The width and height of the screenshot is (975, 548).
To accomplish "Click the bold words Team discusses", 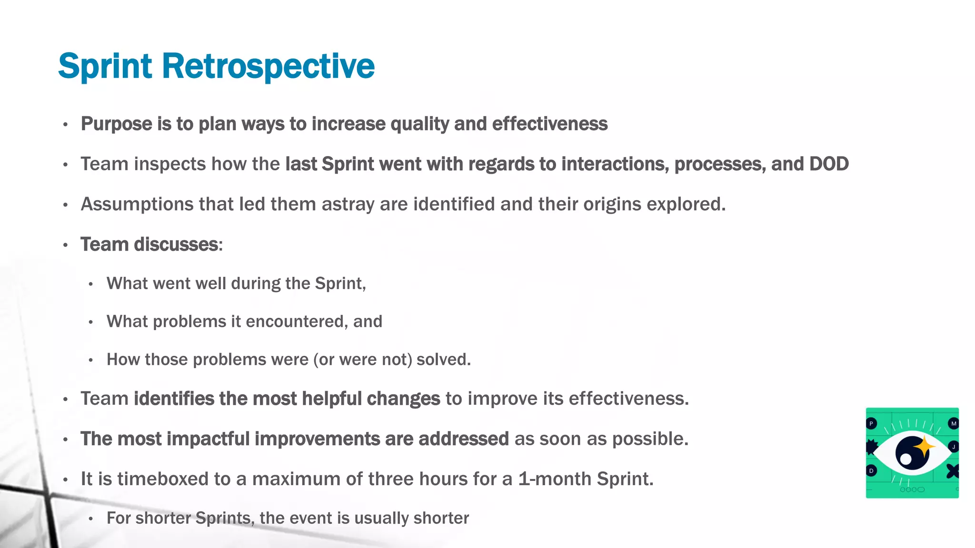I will [149, 245].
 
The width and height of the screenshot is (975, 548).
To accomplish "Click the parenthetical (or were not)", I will [362, 360].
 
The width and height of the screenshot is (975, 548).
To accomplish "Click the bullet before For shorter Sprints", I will [90, 519].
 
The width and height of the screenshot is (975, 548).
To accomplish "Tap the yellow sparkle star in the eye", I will [924, 447].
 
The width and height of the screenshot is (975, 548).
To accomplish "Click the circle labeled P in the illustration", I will [871, 423].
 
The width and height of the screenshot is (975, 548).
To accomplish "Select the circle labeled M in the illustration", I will [953, 423].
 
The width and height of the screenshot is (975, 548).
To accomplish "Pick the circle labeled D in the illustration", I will [871, 471].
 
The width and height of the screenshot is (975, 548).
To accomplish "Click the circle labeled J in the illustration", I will [953, 447].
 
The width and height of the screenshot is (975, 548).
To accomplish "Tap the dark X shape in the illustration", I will [952, 471].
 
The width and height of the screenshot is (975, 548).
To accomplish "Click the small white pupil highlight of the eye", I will [906, 460].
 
